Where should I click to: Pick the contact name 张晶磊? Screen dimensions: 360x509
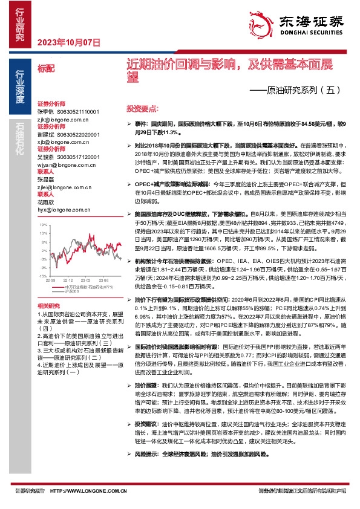point(46,180)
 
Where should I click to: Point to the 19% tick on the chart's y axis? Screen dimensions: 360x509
point(43,224)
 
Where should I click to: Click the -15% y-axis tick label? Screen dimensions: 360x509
point(43,275)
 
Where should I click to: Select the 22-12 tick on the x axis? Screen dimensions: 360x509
point(67,280)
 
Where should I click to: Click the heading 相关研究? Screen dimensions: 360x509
point(48,306)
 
